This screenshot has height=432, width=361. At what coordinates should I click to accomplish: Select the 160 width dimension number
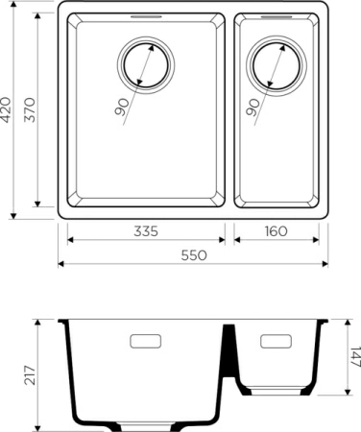point(275,232)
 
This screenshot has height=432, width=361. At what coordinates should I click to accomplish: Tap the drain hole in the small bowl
point(273,66)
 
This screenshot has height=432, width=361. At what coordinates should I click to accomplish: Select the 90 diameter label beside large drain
point(122,106)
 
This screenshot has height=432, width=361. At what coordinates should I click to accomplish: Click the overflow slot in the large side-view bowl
point(145,341)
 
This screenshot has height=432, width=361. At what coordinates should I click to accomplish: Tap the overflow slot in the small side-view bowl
point(275,341)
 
